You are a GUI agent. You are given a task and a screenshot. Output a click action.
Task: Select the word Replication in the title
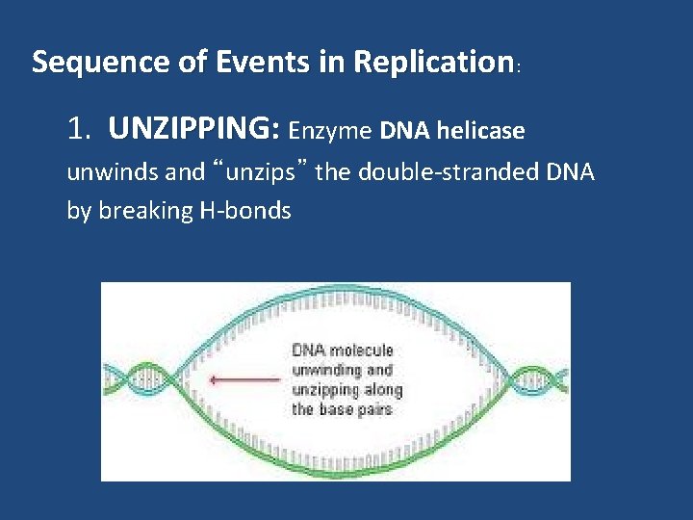tap(431, 63)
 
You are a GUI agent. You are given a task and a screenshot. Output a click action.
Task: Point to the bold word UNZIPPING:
tap(195, 129)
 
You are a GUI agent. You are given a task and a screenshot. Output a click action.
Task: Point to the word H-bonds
tap(245, 211)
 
